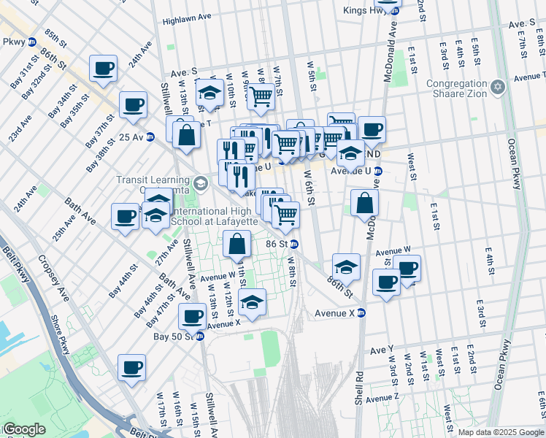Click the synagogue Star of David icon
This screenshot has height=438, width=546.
point(499,88)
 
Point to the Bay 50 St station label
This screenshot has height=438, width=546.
point(172,337)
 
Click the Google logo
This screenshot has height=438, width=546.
point(23,429)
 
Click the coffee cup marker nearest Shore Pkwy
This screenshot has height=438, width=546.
point(131,369)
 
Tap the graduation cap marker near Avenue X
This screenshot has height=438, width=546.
point(252,303)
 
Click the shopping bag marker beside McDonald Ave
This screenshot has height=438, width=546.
point(364,204)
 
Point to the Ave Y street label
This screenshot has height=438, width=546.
point(381,350)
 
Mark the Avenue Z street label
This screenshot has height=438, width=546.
point(382,399)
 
